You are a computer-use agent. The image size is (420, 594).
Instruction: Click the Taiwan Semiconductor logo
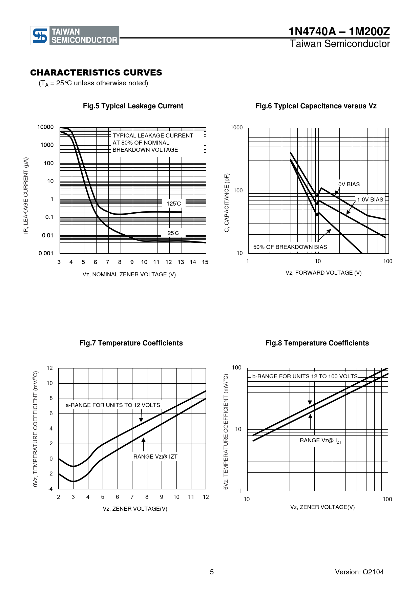(x=75, y=36)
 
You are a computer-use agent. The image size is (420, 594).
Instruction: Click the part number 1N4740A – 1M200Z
(x=339, y=31)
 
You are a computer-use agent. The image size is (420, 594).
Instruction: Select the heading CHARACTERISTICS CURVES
(x=96, y=73)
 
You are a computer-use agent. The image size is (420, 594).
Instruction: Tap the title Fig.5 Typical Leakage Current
(x=133, y=106)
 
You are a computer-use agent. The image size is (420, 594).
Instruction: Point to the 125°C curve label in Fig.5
(x=174, y=204)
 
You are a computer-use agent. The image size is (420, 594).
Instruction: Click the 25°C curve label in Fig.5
(x=173, y=233)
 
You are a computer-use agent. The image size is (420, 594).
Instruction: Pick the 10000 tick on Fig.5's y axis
(x=45, y=127)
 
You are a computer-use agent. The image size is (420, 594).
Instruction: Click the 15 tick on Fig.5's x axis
(x=205, y=262)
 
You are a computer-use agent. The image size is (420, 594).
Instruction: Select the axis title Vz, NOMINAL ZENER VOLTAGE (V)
(x=129, y=274)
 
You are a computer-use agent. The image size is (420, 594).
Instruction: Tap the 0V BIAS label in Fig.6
(x=349, y=184)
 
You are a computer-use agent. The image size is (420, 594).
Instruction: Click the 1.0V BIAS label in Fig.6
(x=370, y=199)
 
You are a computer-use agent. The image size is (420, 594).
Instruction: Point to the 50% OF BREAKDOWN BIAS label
(x=290, y=247)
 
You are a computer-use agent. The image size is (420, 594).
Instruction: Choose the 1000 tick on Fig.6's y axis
(x=236, y=128)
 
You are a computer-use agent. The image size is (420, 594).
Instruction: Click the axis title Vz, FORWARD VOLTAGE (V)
(x=323, y=273)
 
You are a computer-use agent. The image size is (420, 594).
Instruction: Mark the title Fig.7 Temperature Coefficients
(x=131, y=343)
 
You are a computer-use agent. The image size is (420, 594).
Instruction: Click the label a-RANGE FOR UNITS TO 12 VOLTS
(x=113, y=405)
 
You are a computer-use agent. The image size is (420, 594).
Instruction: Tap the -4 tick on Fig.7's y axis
(x=50, y=489)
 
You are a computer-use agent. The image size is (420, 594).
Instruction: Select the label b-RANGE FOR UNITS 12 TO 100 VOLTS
(x=305, y=376)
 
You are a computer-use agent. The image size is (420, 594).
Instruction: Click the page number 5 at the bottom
(x=212, y=572)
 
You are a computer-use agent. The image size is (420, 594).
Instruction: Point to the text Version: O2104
(x=359, y=572)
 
